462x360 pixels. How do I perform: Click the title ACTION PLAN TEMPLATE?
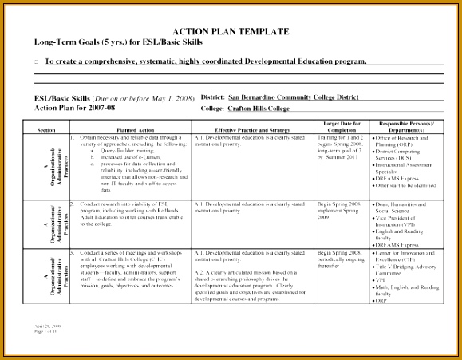(231, 32)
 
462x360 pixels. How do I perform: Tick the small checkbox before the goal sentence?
(37, 62)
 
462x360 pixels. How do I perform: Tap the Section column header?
(46, 129)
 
